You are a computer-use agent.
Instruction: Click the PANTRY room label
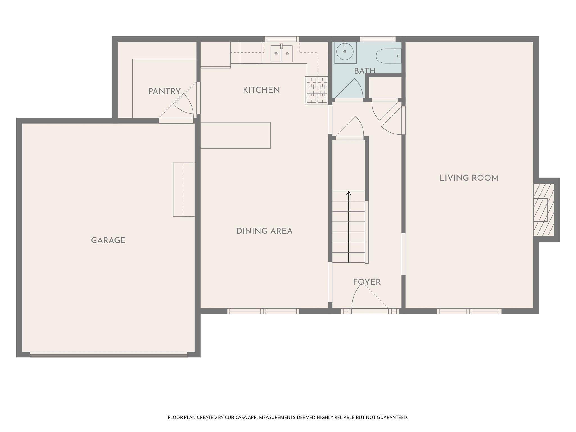pos(164,91)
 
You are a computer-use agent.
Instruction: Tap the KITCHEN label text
pos(261,90)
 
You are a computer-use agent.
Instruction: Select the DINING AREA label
pos(264,231)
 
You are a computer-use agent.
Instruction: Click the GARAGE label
pos(108,240)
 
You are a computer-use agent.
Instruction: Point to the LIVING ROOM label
pos(469,178)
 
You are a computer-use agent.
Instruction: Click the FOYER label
pos(367,282)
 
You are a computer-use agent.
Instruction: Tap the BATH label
pos(364,71)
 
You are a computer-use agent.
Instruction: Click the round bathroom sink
pos(345,52)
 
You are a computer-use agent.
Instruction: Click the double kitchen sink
pos(281,53)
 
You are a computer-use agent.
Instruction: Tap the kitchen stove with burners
pos(317,90)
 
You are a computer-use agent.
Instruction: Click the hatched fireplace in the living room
pos(543,210)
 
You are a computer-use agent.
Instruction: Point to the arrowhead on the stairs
pos(349,193)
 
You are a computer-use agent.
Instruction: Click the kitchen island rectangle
pos(235,135)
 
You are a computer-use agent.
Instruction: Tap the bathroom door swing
pos(350,89)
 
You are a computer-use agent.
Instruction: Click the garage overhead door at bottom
pos(109,354)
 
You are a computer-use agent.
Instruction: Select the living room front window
pos(469,311)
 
